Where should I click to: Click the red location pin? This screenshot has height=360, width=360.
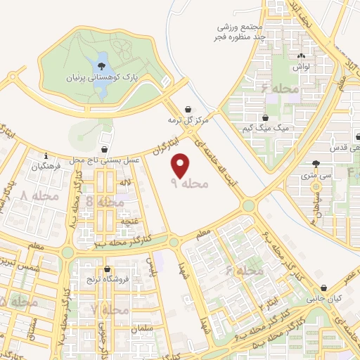[x=181, y=166]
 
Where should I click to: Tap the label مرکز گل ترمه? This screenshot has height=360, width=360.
[x=188, y=120]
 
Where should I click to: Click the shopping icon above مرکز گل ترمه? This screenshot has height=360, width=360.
[x=188, y=110]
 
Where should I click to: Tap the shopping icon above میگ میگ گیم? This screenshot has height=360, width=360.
[x=265, y=117]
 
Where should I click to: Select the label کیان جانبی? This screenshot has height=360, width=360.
[x=323, y=299]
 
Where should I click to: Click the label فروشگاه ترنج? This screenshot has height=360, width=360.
[x=106, y=279]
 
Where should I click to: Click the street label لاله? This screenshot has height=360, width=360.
[x=127, y=183]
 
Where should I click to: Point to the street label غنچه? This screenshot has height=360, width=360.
[x=129, y=221]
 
